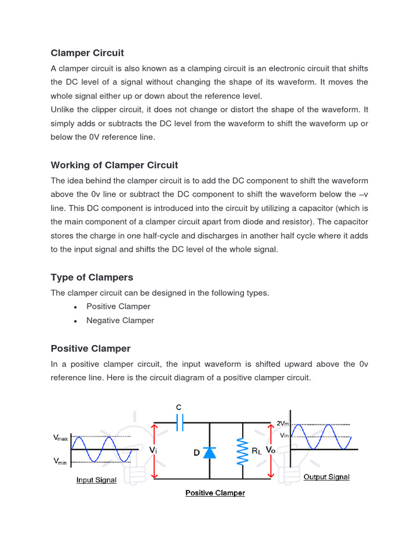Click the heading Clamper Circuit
click(87, 53)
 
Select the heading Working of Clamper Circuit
click(114, 165)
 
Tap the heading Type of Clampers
click(92, 277)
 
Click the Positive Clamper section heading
click(91, 348)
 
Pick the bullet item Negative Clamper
click(120, 320)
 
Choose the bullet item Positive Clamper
click(118, 306)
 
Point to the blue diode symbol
click(209, 452)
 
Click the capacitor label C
click(178, 407)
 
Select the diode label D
click(196, 453)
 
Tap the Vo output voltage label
click(271, 450)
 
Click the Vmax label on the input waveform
click(60, 437)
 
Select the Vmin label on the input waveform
click(60, 461)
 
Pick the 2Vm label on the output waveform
click(283, 423)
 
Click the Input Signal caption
click(96, 480)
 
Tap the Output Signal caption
click(326, 477)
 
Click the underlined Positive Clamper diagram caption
click(215, 493)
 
